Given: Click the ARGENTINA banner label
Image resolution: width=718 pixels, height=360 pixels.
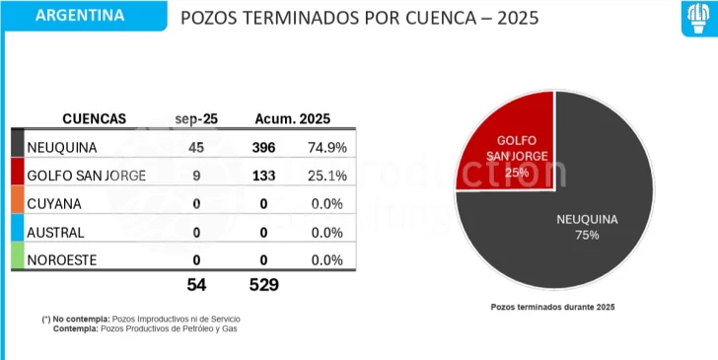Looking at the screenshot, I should (79, 16).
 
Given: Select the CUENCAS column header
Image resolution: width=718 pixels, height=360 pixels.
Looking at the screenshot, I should (95, 118).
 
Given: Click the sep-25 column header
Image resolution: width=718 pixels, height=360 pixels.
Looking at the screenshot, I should (196, 118).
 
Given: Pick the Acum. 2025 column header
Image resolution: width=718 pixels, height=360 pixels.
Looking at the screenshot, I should (292, 118).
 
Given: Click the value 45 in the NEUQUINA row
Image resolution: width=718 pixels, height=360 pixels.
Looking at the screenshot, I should (197, 148).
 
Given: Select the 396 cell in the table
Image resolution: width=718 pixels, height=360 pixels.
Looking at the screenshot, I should (263, 148).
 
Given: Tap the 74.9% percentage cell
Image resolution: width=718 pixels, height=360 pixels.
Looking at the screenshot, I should (324, 148).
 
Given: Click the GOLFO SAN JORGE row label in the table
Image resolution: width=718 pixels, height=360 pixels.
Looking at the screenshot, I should (88, 177).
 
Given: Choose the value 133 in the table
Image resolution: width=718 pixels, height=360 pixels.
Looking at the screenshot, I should (263, 177).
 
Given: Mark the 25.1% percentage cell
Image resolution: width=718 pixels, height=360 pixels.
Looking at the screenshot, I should (324, 177).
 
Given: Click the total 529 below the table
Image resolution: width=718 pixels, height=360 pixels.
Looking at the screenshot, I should (263, 285).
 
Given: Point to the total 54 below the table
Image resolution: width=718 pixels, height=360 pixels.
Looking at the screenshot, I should (197, 285).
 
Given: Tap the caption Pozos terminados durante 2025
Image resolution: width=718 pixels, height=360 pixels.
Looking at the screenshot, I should (552, 307).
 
